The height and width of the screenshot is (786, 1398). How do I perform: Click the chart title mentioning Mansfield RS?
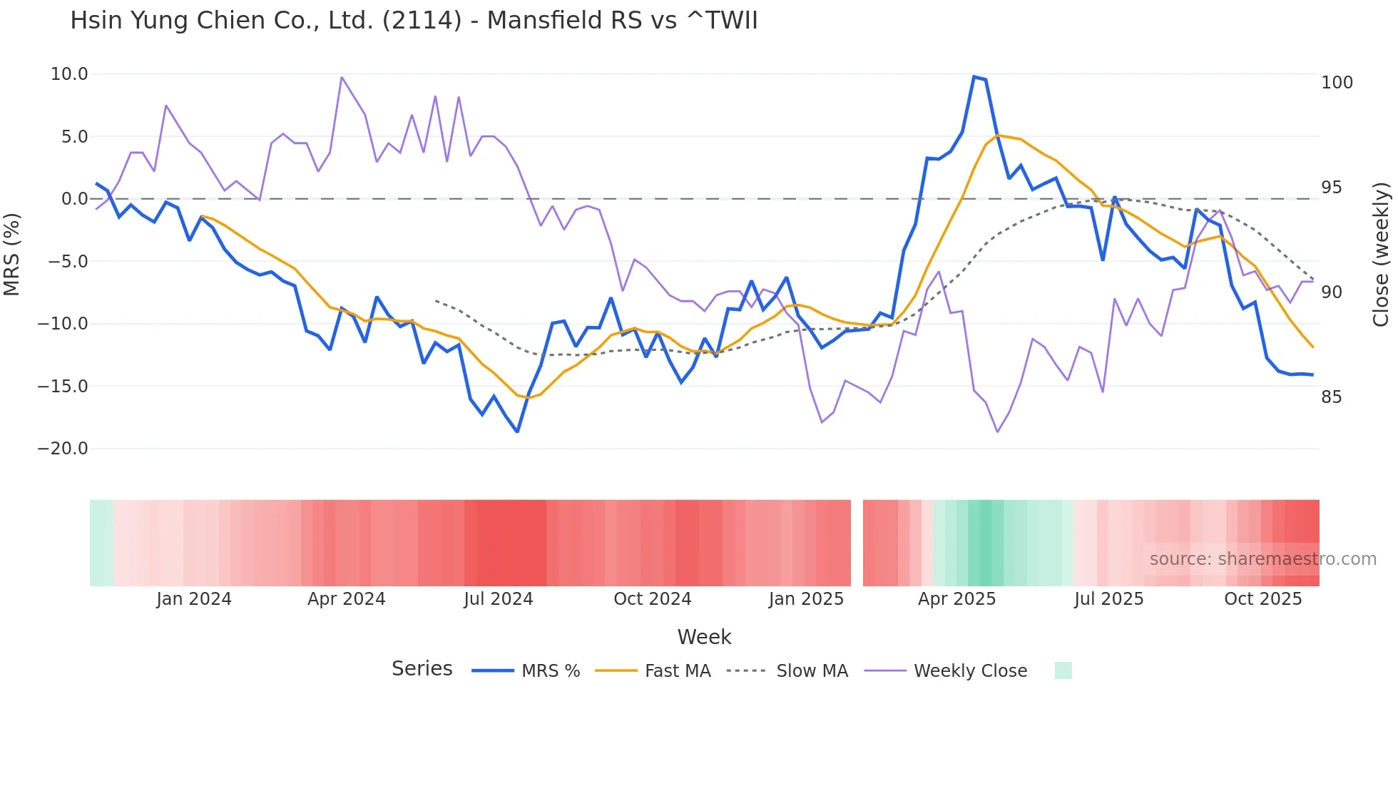pyautogui.click(x=414, y=20)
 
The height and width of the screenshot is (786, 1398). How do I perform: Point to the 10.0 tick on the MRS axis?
pyautogui.click(x=69, y=74)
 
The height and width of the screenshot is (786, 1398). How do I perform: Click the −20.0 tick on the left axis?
pyautogui.click(x=63, y=449)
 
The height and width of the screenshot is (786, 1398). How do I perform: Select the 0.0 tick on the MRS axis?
pyautogui.click(x=74, y=199)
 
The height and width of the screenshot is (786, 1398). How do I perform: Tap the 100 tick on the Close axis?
pyautogui.click(x=1337, y=83)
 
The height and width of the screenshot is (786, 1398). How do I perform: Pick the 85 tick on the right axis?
pyautogui.click(x=1331, y=397)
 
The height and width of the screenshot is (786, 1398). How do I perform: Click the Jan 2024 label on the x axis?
pyautogui.click(x=194, y=599)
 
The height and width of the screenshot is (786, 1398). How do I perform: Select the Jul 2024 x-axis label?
pyautogui.click(x=499, y=599)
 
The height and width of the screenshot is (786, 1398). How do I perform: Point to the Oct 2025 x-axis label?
pyautogui.click(x=1262, y=599)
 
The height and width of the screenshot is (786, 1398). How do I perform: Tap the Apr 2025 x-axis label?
pyautogui.click(x=956, y=599)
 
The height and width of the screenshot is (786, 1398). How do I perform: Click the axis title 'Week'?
pyautogui.click(x=704, y=637)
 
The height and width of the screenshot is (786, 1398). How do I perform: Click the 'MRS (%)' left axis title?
pyautogui.click(x=12, y=254)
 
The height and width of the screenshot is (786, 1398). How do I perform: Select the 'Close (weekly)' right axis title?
pyautogui.click(x=1381, y=254)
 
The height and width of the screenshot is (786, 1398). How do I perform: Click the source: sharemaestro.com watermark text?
pyautogui.click(x=1262, y=559)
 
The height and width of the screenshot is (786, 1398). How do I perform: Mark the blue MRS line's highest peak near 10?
pyautogui.click(x=974, y=76)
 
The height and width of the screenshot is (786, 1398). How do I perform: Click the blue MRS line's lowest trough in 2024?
pyautogui.click(x=517, y=432)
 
